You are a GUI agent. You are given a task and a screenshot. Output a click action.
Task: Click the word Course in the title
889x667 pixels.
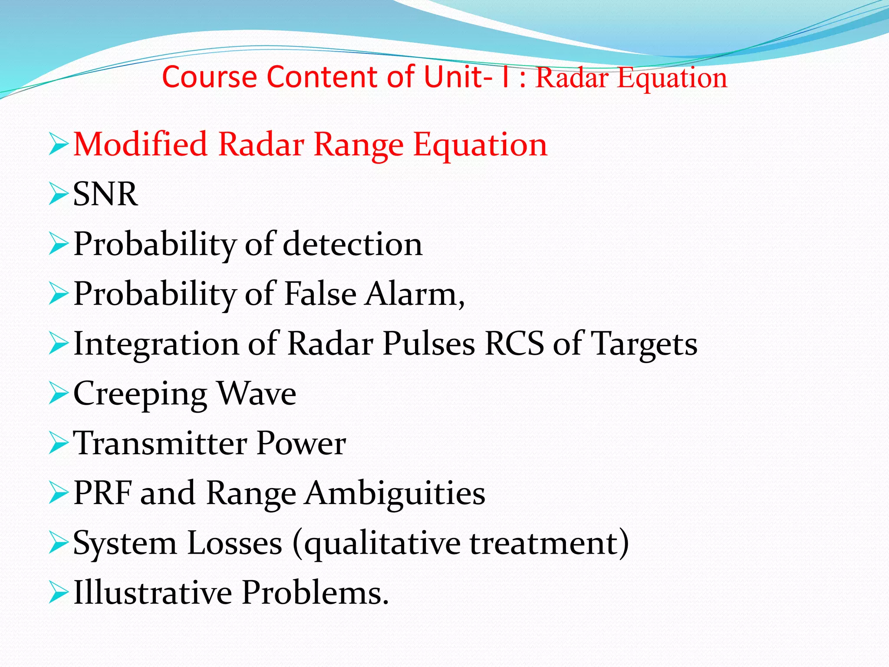pos(210,77)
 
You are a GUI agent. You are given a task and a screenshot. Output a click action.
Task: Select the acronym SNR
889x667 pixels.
pos(105,194)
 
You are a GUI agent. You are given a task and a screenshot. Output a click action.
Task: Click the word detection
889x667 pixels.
pos(352,244)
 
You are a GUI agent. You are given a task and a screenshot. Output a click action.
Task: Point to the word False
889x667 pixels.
pos(320,294)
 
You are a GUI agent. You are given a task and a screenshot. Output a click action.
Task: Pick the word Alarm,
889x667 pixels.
pos(415,294)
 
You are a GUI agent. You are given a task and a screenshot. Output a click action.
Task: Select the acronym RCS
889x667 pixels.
pos(514,344)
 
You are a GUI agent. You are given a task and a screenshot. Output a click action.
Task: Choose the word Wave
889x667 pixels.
pos(256,393)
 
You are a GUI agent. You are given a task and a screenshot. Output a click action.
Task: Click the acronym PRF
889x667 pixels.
pos(103,493)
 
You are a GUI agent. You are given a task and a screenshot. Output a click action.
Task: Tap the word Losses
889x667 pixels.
pos(235,543)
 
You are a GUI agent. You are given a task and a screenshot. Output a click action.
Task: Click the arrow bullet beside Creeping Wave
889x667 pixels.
pos(59,393)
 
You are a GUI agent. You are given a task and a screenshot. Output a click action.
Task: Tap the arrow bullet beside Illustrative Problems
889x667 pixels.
pos(59,593)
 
